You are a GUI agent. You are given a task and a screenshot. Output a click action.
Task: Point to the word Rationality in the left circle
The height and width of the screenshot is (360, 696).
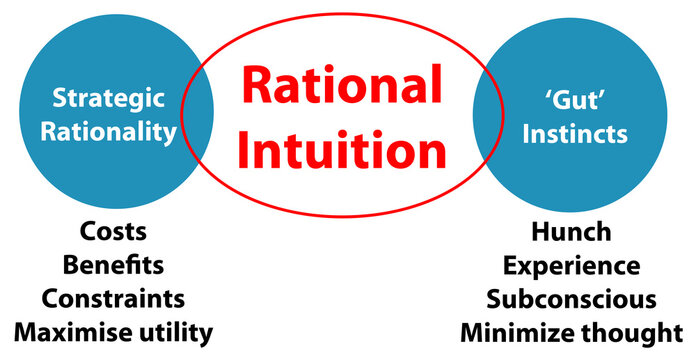click(x=108, y=132)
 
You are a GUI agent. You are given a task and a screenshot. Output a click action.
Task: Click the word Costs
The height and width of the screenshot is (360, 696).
click(x=113, y=232)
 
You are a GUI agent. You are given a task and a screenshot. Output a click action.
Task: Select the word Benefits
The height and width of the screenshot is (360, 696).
click(x=113, y=265)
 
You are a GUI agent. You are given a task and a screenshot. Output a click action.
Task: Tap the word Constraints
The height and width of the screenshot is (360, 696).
click(x=113, y=298)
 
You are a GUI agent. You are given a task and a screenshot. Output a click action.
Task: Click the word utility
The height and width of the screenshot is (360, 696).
click(x=177, y=331)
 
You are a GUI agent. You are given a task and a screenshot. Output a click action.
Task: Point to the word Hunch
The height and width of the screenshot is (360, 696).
click(x=571, y=232)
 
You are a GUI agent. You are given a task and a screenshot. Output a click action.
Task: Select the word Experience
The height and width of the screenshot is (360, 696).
click(x=571, y=266)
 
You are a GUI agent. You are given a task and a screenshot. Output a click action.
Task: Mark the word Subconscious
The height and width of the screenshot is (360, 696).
click(x=571, y=299)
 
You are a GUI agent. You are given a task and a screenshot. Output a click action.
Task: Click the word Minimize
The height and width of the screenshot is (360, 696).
click(x=516, y=331)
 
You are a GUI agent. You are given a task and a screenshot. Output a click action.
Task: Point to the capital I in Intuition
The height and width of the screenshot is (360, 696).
click(x=252, y=151)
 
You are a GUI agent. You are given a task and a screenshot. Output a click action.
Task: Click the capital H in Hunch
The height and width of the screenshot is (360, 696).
click(x=541, y=232)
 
